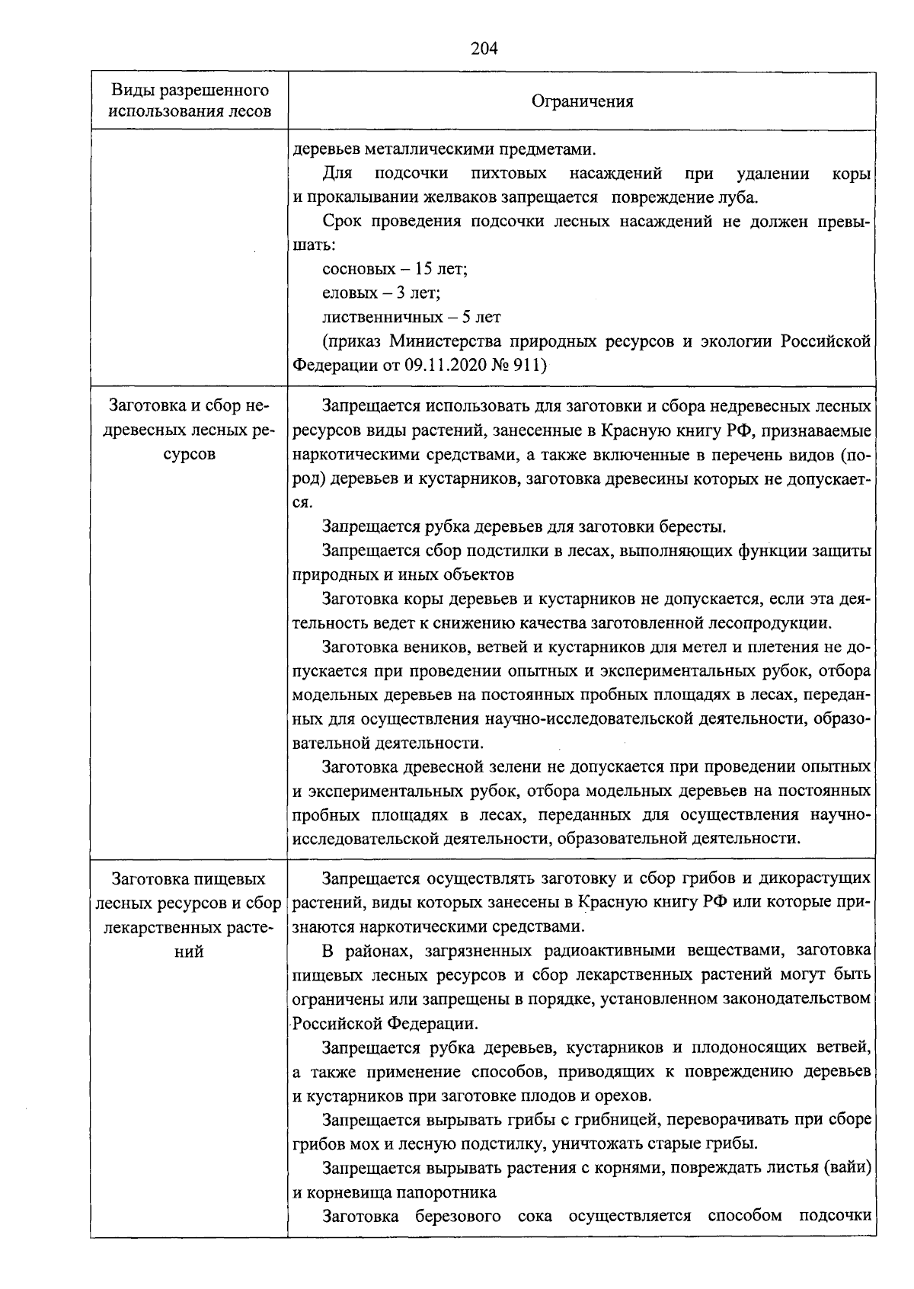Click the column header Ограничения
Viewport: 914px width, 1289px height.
(x=582, y=101)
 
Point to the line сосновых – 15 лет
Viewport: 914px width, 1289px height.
(x=395, y=269)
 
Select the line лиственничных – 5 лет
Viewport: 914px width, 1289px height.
(x=411, y=317)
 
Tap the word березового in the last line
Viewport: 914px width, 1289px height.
(x=461, y=1216)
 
